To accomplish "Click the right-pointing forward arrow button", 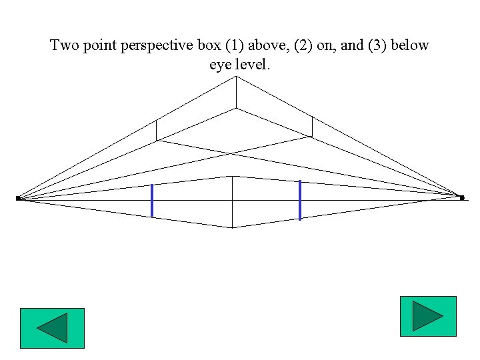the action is [428, 316].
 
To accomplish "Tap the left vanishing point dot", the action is [18, 198].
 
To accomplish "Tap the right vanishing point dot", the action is [461, 197].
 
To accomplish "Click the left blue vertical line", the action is [152, 200].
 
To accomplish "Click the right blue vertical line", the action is [300, 199].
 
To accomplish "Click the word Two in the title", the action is [64, 46].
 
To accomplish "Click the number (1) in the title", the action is [237, 46].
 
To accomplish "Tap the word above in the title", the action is [270, 46].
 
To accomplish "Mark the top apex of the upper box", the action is [235, 77].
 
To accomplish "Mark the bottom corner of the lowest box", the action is [232, 227].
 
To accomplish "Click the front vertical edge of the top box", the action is [235, 93].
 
